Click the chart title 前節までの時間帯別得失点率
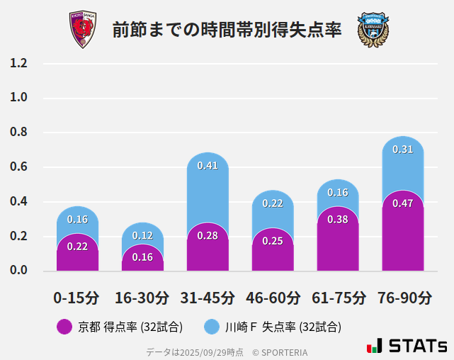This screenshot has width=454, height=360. coord(227,30)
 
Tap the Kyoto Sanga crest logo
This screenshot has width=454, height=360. coord(82,30)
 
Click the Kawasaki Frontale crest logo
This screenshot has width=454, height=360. coord(373,30)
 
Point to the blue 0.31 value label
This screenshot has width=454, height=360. coord(402,150)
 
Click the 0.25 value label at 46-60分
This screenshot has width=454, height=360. coord(273,241)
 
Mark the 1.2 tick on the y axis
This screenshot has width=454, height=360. coord(18,64)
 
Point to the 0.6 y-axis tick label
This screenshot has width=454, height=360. coord(18,167)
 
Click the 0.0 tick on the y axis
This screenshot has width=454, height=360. coord(18,271)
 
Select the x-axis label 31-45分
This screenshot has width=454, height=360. coord(208,298)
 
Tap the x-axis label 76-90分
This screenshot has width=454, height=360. coord(403,298)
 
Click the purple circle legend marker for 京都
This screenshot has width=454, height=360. coord(64,327)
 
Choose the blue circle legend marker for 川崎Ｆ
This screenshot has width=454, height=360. coord(212,327)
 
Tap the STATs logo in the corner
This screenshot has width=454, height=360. coord(407,346)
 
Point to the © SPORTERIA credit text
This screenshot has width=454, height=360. coord(280,351)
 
